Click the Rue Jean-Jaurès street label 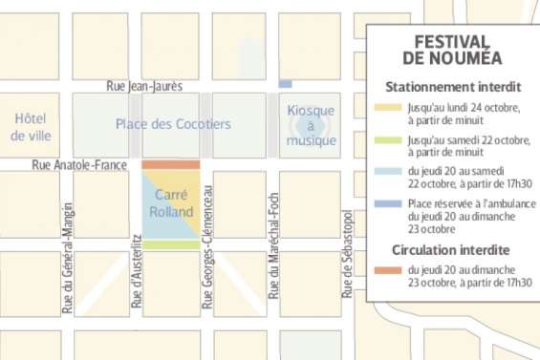pos(143,85)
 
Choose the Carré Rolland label pos(172,203)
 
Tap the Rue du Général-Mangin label pos(67,258)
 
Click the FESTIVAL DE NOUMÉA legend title pos(451,50)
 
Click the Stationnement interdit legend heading pos(451,87)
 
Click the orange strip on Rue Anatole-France pos(171,165)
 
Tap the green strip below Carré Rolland pos(172,245)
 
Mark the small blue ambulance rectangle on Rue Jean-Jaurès pos(285,85)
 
